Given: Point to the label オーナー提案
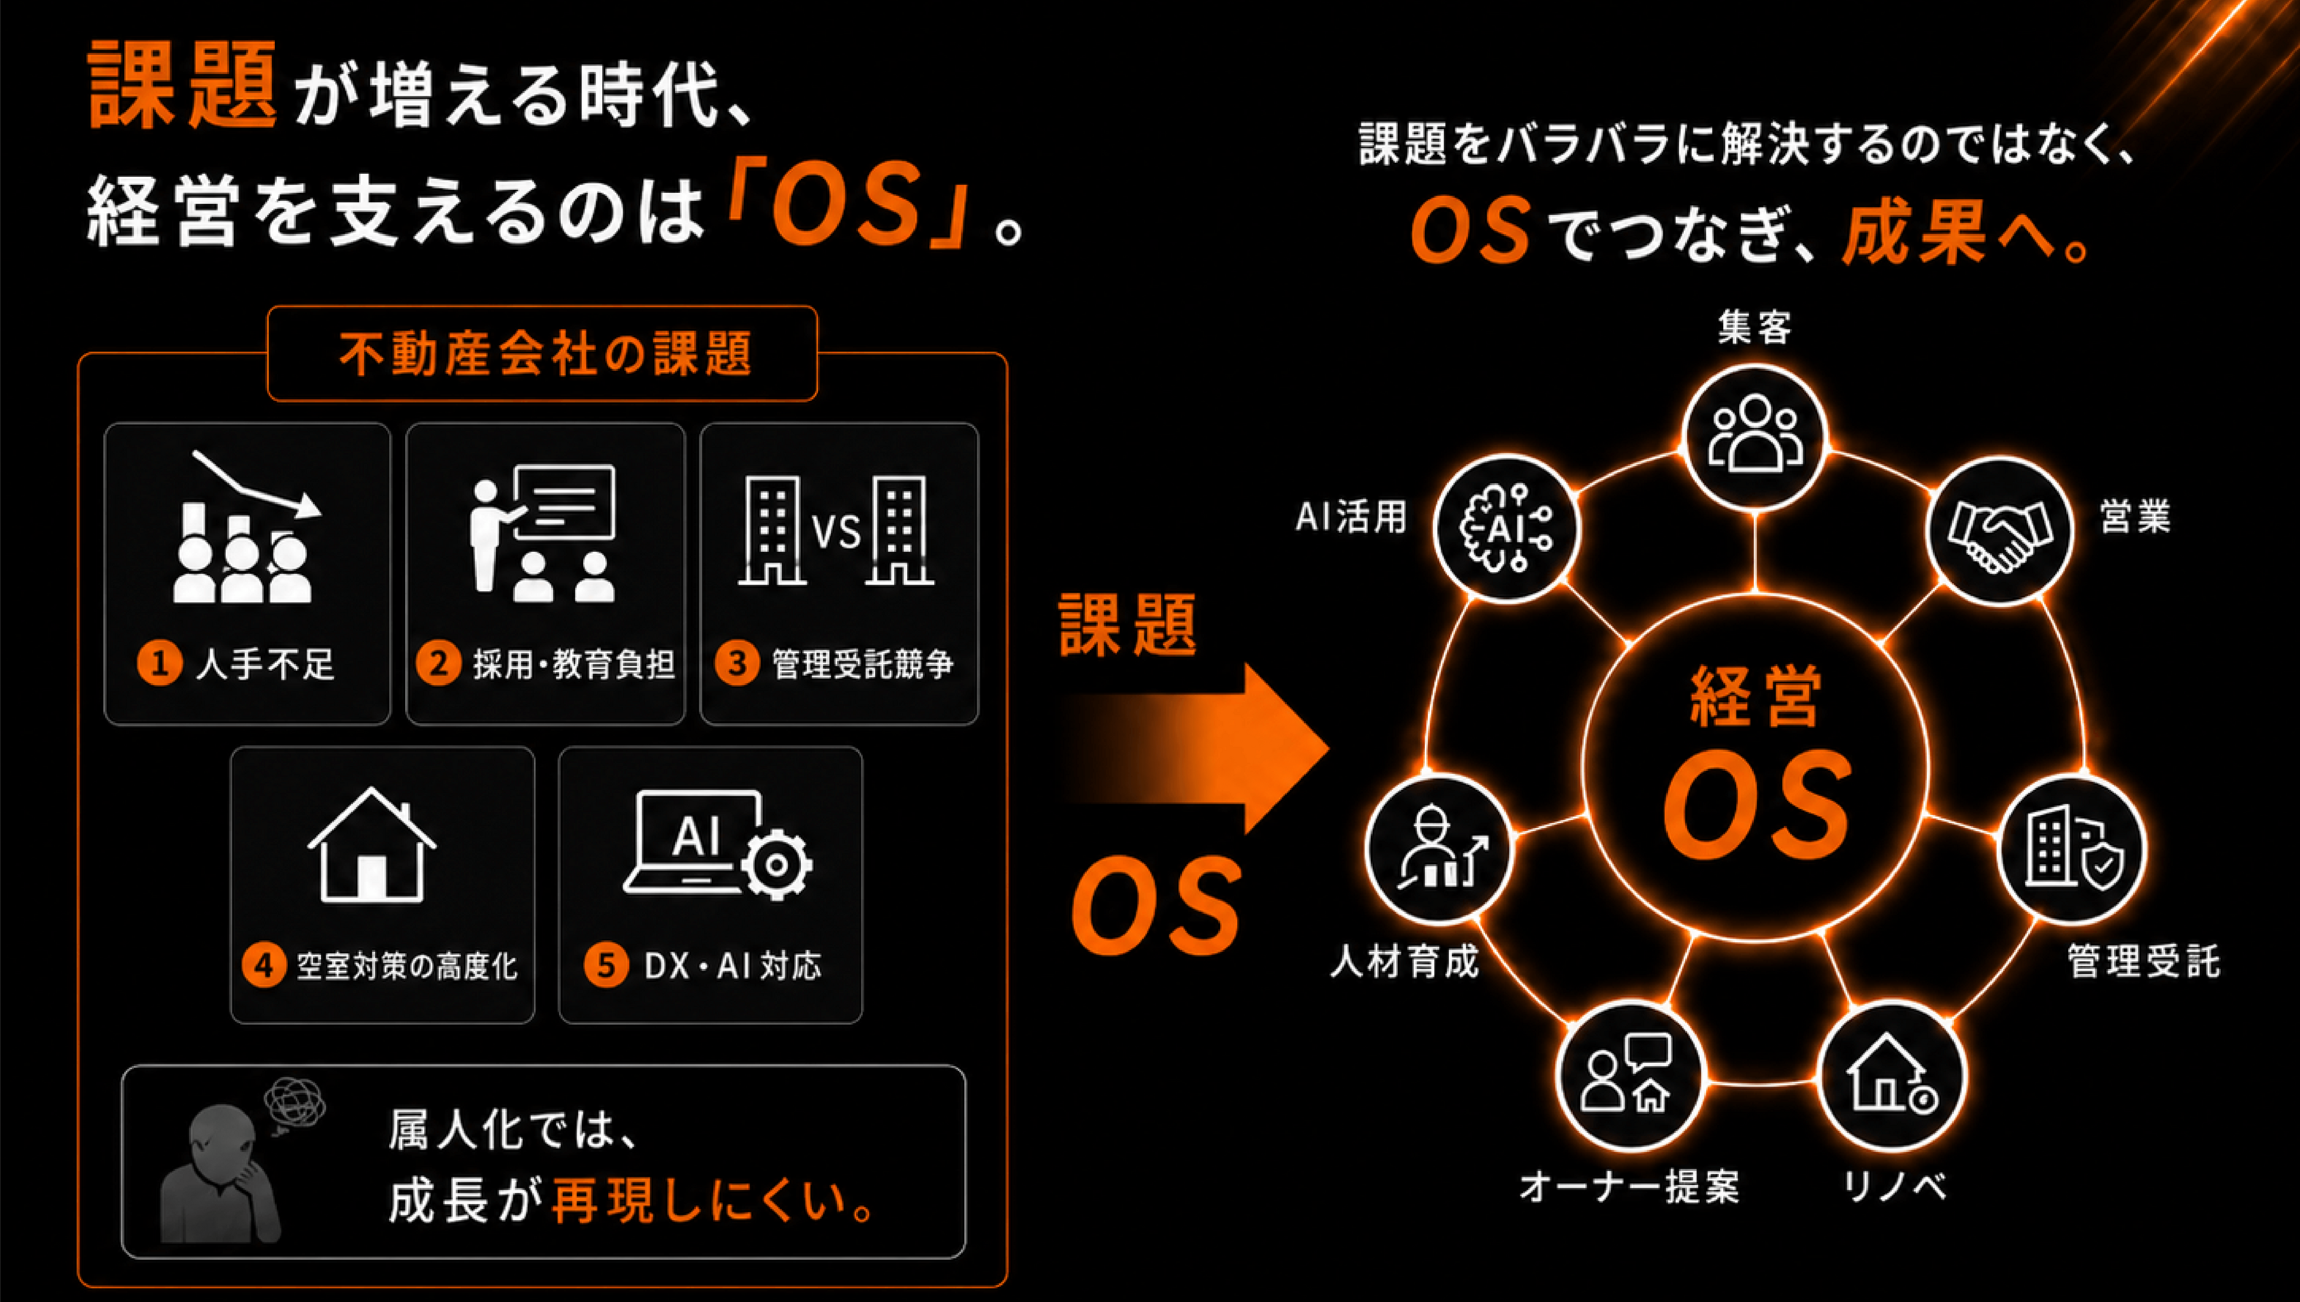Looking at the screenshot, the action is [1629, 1186].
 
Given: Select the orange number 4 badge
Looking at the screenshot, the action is [264, 966].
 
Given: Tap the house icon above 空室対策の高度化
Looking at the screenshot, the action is [372, 845].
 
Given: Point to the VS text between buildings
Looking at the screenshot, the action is [836, 533].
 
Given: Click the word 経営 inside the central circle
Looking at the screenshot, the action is [1755, 697].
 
